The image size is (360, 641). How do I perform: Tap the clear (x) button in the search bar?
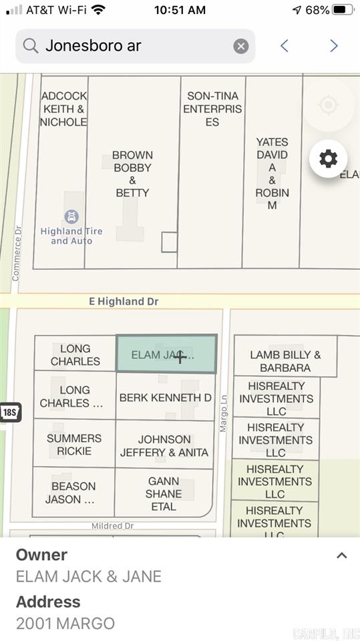241,46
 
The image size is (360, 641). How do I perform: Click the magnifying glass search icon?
30,46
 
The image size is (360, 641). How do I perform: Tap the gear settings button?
328,159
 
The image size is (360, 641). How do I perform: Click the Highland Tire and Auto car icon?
71,216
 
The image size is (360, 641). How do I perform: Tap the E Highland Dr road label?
124,302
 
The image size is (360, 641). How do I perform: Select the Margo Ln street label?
224,413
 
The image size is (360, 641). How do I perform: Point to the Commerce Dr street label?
17,253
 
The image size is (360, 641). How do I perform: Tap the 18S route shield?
9,413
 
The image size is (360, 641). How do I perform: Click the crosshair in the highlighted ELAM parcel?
180,357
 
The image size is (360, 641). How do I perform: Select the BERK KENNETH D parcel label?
165,398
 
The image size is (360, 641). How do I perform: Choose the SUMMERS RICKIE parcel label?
73,445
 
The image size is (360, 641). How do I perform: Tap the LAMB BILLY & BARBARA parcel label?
285,361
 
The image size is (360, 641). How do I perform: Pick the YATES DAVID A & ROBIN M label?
272,174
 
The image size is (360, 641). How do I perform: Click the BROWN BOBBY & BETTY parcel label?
132,174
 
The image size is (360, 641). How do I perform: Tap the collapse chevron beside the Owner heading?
341,556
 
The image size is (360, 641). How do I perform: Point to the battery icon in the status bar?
342,10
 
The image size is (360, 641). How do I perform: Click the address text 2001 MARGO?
65,624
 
